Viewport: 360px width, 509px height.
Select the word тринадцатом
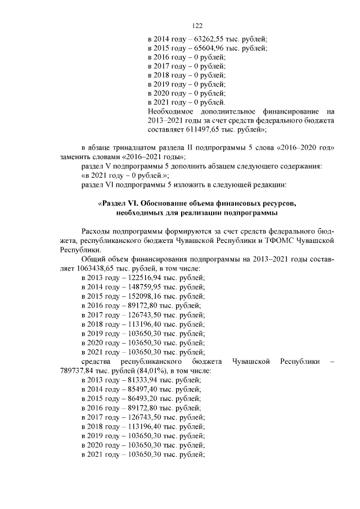tap(134, 147)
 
